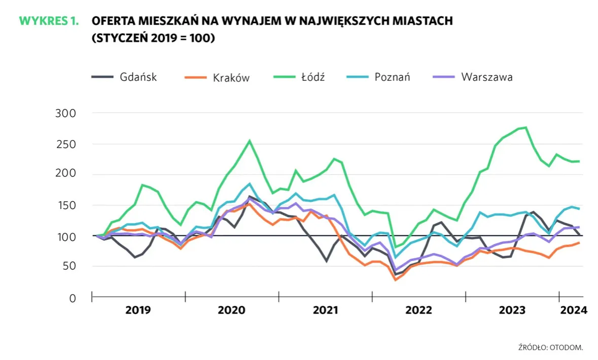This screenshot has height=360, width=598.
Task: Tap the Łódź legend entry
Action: [x=312, y=77]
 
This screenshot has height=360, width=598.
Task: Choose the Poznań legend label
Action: [x=392, y=77]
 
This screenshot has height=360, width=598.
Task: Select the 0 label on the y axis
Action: [x=72, y=298]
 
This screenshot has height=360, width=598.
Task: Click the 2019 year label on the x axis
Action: [x=138, y=310]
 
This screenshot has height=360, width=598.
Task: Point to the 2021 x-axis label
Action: [x=325, y=310]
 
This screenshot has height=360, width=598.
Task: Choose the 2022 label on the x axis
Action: [x=418, y=310]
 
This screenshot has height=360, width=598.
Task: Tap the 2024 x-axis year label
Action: [x=573, y=310]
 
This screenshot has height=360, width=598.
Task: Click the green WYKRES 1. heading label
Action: [x=49, y=21]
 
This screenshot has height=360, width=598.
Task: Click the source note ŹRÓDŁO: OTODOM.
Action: [x=550, y=347]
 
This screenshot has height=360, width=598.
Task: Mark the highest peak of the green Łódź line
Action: [x=526, y=127]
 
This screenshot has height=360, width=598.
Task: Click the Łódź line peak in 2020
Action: [x=250, y=140]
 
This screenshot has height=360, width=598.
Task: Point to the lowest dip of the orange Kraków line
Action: [x=395, y=279]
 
